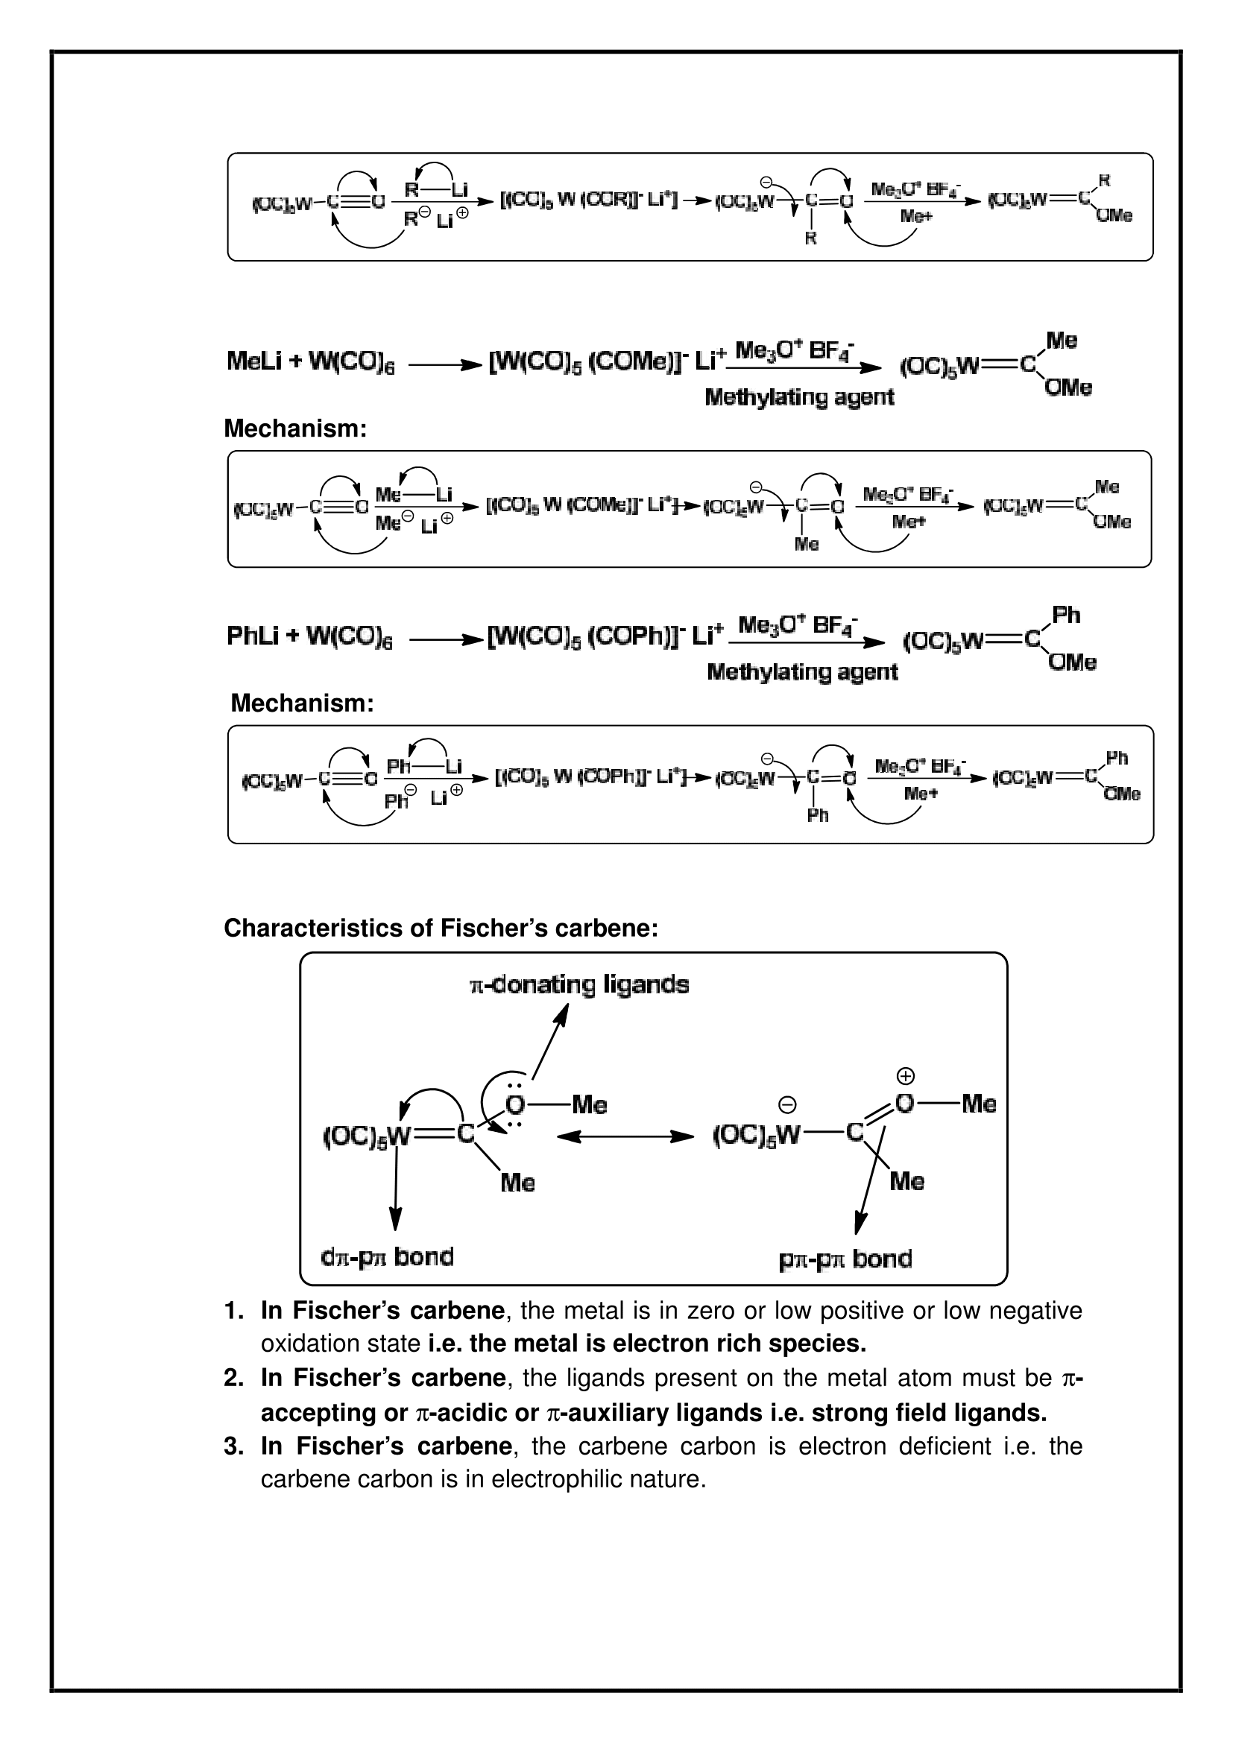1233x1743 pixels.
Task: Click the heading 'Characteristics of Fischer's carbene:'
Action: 441,928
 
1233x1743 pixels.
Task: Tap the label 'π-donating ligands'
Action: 579,985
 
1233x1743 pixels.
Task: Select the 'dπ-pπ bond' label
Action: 387,1257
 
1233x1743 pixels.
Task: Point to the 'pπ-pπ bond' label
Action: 845,1259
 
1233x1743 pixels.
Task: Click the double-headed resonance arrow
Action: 625,1136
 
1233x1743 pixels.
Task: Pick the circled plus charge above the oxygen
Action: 906,1076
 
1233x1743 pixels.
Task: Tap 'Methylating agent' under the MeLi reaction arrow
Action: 799,397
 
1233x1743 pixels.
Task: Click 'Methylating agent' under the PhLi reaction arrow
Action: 802,672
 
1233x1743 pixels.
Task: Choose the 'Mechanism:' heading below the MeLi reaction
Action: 295,428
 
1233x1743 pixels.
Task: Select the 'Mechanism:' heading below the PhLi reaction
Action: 302,703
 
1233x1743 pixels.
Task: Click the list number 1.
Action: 233,1311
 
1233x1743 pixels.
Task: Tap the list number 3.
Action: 233,1446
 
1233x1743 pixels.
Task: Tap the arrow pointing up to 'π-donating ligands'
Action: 549,1042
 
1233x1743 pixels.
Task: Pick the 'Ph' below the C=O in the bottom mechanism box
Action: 818,815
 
